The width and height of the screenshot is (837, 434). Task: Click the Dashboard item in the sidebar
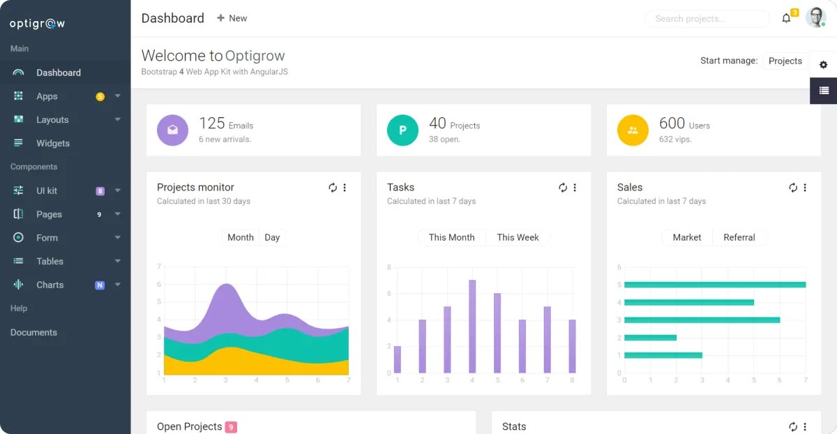click(x=59, y=73)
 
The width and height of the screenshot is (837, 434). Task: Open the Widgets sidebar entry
click(x=53, y=143)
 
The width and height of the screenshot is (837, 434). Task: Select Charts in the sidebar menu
click(x=50, y=285)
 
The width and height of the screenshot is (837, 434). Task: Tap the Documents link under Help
click(x=33, y=333)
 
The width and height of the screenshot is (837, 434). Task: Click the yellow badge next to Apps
click(x=100, y=96)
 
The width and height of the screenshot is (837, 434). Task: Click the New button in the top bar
click(x=232, y=18)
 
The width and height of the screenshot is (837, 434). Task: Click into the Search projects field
click(x=706, y=19)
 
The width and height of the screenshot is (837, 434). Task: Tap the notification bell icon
click(x=786, y=19)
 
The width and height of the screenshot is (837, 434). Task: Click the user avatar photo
click(x=815, y=17)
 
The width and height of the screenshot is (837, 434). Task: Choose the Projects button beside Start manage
click(x=785, y=61)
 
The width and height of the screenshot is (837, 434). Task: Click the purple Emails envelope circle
click(x=172, y=130)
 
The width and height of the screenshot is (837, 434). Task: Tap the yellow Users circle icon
click(x=633, y=130)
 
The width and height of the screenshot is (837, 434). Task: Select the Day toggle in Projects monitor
click(x=272, y=237)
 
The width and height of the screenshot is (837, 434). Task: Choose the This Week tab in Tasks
click(x=518, y=237)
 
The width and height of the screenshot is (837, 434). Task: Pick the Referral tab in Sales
click(x=739, y=237)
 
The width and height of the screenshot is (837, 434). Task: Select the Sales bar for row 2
click(x=650, y=338)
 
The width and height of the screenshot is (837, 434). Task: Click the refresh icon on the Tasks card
click(x=563, y=188)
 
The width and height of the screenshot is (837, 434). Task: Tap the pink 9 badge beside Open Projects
click(x=231, y=427)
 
